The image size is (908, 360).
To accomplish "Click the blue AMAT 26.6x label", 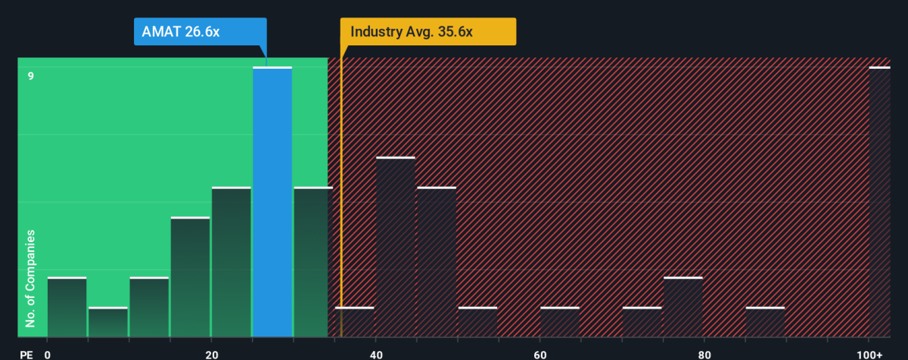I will (x=200, y=32).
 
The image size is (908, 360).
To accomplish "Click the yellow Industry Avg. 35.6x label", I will (x=428, y=32).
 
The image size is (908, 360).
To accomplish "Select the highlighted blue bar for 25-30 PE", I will (x=272, y=203).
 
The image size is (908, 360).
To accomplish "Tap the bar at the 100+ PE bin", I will (x=879, y=203).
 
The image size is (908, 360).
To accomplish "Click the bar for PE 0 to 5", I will (x=67, y=308).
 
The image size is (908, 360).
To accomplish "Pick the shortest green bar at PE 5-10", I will (x=107, y=322).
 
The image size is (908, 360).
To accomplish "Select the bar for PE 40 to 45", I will (x=395, y=247).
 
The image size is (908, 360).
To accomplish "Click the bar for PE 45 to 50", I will (x=437, y=262).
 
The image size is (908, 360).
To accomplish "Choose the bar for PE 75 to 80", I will (x=683, y=308).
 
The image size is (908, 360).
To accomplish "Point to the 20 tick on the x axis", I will (x=212, y=354).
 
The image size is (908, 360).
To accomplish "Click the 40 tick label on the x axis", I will (x=375, y=354).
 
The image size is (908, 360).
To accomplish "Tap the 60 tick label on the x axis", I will (x=540, y=354).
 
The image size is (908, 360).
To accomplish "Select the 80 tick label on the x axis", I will (x=704, y=354).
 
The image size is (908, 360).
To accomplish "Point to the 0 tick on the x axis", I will (x=48, y=354).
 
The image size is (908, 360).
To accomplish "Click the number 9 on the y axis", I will (x=31, y=76).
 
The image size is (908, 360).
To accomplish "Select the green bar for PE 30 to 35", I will (x=313, y=262).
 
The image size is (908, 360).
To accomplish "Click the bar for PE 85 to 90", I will (x=765, y=322).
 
